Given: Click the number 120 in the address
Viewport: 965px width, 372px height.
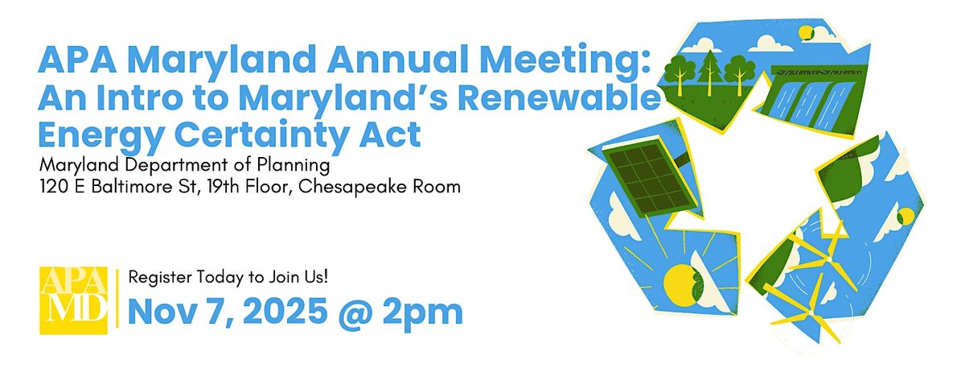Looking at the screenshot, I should click(x=53, y=187).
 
